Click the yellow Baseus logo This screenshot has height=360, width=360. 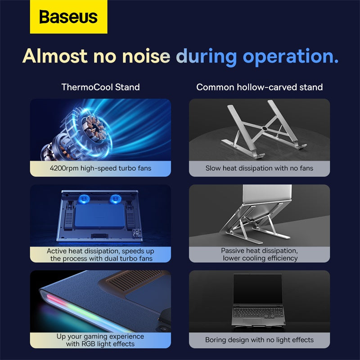click(x=68, y=17)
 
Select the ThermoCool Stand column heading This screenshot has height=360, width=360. click(x=100, y=87)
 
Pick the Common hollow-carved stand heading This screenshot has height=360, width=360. click(x=259, y=87)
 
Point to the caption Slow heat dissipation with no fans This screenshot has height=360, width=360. click(x=259, y=168)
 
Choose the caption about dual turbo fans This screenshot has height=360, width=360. click(x=100, y=254)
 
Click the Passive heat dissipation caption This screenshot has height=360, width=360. click(x=260, y=254)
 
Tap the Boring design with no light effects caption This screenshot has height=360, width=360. click(x=259, y=340)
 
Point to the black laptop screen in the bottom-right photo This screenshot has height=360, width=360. click(x=258, y=288)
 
